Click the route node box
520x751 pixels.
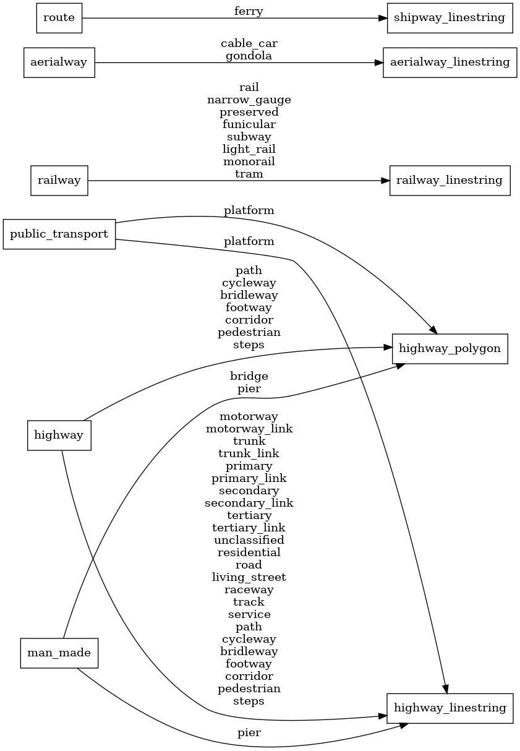59,18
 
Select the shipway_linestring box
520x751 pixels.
450,18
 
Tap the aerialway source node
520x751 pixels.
59,62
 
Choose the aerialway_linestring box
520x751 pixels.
450,62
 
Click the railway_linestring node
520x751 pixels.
450,181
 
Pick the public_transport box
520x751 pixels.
59,234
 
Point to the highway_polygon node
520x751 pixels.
450,349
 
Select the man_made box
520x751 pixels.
59,653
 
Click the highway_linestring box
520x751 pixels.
450,708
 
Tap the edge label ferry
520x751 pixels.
249,11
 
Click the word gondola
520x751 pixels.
249,56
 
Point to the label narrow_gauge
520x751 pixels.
249,100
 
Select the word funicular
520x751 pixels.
249,124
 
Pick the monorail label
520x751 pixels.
249,161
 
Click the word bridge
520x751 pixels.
249,376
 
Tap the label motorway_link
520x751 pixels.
249,429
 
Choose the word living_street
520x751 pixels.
249,577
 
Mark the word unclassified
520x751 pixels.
249,540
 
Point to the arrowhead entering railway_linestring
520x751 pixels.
385,181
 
